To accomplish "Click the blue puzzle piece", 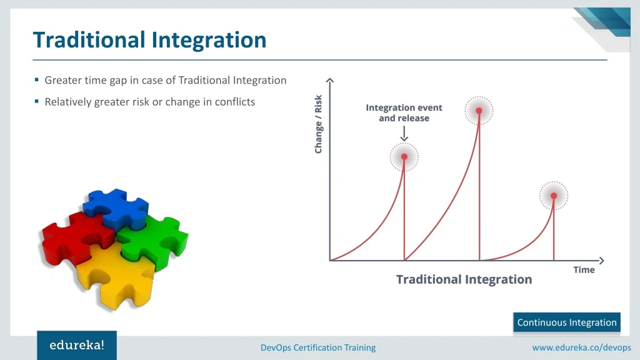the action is pos(116,208).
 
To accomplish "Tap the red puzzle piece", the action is pos(74,239).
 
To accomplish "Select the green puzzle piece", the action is pos(155,241).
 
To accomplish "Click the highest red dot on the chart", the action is pos(479,111).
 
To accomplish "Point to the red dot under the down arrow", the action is pos(404,157).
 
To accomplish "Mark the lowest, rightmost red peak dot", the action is pos(554,196).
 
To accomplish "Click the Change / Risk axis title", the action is pos(318,124).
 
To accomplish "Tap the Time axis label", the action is pos(584,270).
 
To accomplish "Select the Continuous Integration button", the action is pos(567,322).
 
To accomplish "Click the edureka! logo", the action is pos(77,345).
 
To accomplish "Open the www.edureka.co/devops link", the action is pos(582,347).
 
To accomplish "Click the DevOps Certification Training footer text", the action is pos(318,347).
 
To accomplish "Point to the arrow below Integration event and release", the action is pos(404,134).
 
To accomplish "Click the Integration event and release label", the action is pos(404,112).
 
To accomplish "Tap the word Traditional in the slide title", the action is pos(89,40).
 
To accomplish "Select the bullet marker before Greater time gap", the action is pos(37,79).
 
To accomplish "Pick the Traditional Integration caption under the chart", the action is pos(464,279).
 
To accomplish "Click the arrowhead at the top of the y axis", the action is pos(330,80).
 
